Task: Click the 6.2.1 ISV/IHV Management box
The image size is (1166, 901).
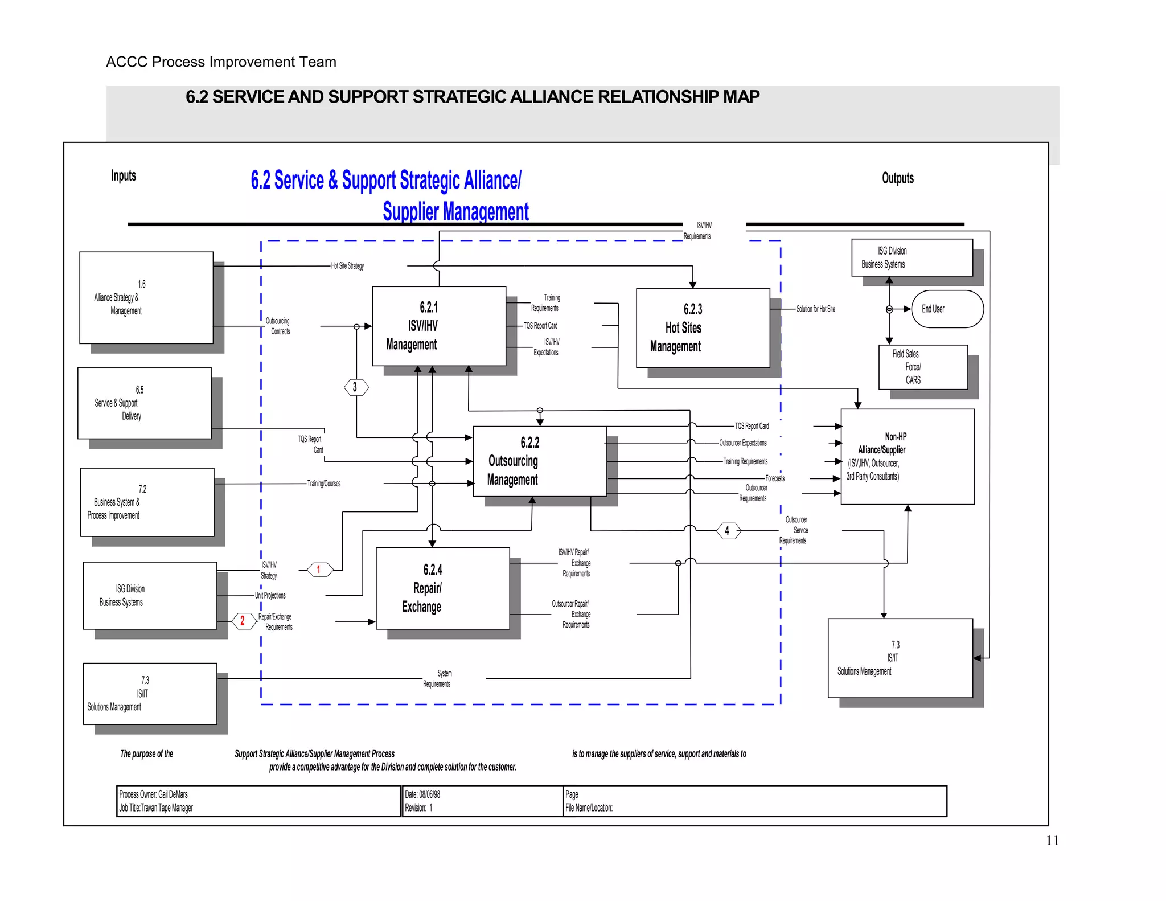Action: pos(438,326)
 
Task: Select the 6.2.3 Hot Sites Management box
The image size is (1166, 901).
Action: pos(703,328)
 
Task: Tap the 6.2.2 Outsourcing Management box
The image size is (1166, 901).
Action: pos(539,461)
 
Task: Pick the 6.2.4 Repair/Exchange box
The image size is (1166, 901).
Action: pos(442,588)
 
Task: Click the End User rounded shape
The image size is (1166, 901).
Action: pos(947,309)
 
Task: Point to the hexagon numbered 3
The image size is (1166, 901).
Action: pos(356,387)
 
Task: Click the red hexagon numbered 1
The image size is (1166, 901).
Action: pos(320,569)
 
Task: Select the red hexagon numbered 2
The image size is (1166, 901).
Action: pos(244,620)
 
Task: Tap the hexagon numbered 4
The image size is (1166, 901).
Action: pos(728,531)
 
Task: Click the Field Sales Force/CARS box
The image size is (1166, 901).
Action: pos(922,367)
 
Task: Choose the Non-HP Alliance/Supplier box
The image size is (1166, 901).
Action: pos(907,456)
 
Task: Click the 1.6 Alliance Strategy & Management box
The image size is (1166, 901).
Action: pos(146,297)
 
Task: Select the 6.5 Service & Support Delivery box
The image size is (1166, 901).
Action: pos(144,403)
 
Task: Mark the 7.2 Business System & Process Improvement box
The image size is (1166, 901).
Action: pos(147,502)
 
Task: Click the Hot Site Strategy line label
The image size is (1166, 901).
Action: pos(347,266)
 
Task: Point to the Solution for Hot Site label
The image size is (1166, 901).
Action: pos(815,309)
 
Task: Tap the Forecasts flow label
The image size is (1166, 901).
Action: pos(774,478)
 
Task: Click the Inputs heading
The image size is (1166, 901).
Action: pos(124,175)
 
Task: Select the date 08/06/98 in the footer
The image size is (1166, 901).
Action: pos(430,794)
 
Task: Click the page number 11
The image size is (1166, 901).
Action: pos(1052,840)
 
